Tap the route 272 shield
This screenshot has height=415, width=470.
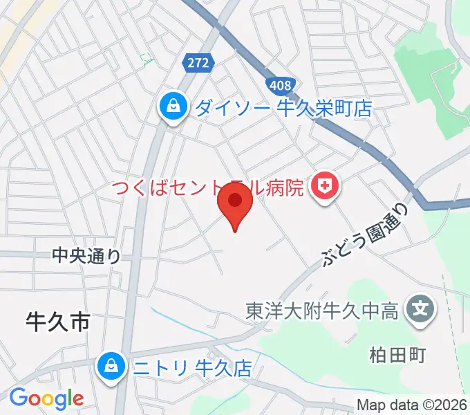(198, 64)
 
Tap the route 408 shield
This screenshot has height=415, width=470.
(280, 86)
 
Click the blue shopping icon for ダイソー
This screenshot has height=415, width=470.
(171, 107)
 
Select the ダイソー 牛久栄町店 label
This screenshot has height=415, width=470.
(283, 108)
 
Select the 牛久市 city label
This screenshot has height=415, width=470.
(58, 322)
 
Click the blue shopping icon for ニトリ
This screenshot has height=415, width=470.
(111, 366)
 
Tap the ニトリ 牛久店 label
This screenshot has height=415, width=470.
(193, 367)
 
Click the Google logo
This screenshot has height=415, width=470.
(46, 398)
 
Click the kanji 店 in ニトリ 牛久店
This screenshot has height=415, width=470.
(243, 367)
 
